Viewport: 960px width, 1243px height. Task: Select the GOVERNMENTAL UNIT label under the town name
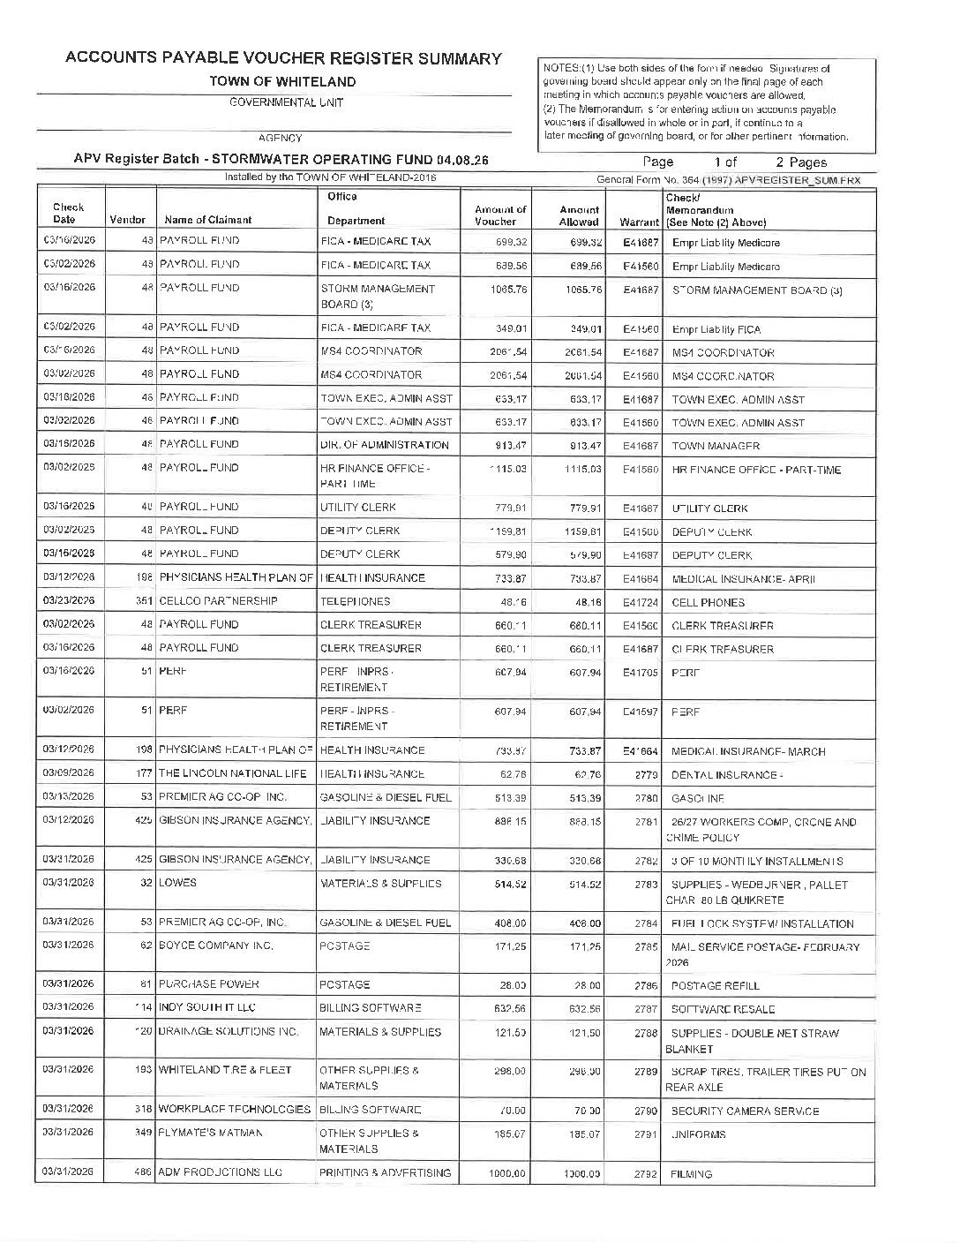point(286,102)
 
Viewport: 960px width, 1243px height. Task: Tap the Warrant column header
point(639,222)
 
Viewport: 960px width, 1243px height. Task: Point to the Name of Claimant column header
point(208,220)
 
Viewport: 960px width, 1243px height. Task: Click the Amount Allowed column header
point(580,215)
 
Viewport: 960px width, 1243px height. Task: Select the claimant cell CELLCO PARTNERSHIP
point(218,601)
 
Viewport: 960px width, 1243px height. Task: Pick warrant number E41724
point(641,602)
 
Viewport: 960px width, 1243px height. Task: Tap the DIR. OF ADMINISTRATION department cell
point(385,445)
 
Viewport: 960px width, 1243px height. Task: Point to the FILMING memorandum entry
point(691,1174)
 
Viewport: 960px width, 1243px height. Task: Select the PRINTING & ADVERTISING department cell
point(385,1173)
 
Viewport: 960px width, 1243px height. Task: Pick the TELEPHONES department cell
point(354,601)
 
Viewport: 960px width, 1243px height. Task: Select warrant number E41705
point(641,672)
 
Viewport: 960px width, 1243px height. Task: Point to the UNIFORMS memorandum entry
point(699,1134)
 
